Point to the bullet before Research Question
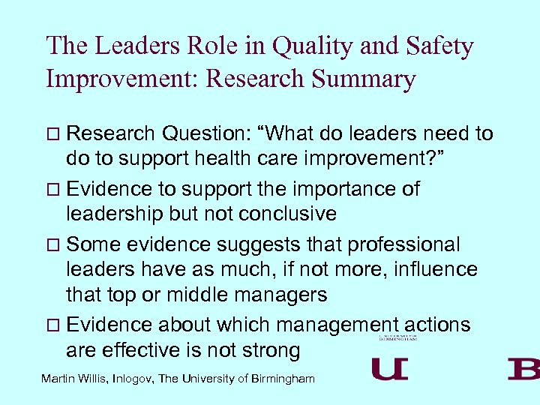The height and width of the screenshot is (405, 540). (x=52, y=135)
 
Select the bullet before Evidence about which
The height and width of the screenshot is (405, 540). (x=52, y=325)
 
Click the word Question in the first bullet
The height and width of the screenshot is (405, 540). (x=197, y=134)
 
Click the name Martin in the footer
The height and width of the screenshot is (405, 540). (x=60, y=379)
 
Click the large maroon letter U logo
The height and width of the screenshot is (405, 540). (x=390, y=369)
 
